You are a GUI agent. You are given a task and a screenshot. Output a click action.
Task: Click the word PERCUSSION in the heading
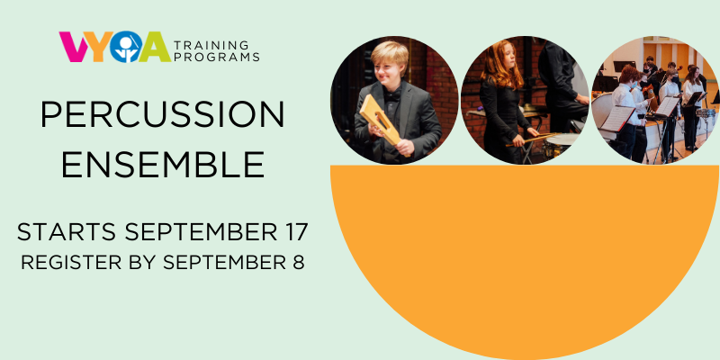163,114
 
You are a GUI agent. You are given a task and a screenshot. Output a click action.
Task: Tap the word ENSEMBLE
163,165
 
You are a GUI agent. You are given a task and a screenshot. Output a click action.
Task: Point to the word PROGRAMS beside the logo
216,57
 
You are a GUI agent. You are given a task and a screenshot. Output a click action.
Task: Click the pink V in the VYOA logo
74,47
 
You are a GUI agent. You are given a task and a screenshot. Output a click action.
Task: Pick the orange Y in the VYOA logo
98,47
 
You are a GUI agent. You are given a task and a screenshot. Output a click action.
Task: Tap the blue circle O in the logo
125,47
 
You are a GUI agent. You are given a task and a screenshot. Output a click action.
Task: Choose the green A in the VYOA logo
155,47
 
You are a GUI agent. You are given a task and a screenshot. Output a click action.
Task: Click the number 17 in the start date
293,232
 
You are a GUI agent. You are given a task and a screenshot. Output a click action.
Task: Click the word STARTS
66,232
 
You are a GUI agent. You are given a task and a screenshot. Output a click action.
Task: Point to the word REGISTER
71,262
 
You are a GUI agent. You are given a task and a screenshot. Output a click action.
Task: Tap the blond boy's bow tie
392,96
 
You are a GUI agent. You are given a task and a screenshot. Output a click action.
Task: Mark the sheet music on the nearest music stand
617,119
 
